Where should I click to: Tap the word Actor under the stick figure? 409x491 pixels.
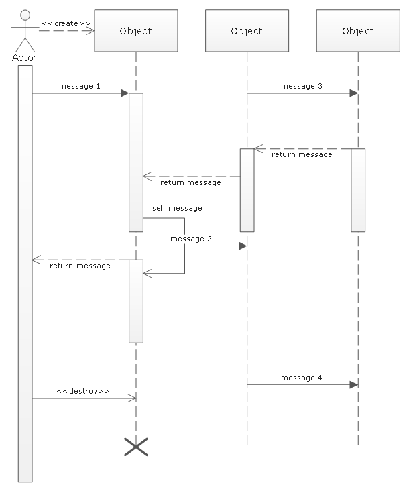25,58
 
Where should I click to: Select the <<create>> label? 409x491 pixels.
66,24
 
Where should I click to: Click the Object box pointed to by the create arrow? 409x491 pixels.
135,31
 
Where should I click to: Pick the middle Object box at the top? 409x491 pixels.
246,31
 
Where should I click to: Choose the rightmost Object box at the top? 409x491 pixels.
357,31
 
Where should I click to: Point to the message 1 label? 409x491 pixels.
80,86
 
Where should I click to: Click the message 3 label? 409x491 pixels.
302,86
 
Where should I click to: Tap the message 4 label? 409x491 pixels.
302,378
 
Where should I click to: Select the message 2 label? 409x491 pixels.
191,239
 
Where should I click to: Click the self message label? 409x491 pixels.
177,208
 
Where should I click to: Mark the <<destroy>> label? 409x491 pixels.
83,391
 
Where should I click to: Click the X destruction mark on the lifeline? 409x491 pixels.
136,447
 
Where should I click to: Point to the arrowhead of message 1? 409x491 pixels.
125,93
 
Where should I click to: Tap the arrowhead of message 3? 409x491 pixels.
354,93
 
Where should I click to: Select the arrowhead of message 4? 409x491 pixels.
354,384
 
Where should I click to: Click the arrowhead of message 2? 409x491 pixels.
243,246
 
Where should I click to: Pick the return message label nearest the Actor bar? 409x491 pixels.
80,266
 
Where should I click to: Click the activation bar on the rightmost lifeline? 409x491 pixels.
358,190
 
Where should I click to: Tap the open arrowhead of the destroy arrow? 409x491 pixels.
133,398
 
